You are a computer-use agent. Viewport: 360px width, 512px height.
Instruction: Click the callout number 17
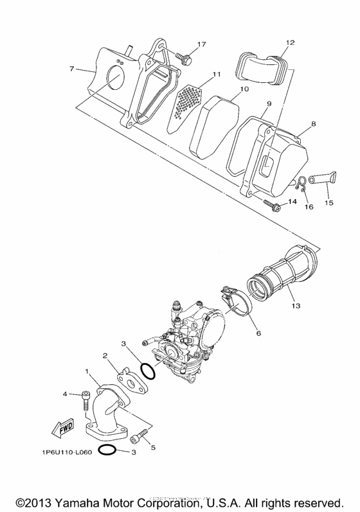(201, 44)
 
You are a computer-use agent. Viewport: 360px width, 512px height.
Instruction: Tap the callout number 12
(289, 42)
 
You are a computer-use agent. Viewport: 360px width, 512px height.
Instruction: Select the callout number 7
(72, 68)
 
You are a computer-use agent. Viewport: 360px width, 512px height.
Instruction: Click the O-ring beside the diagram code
(108, 450)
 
